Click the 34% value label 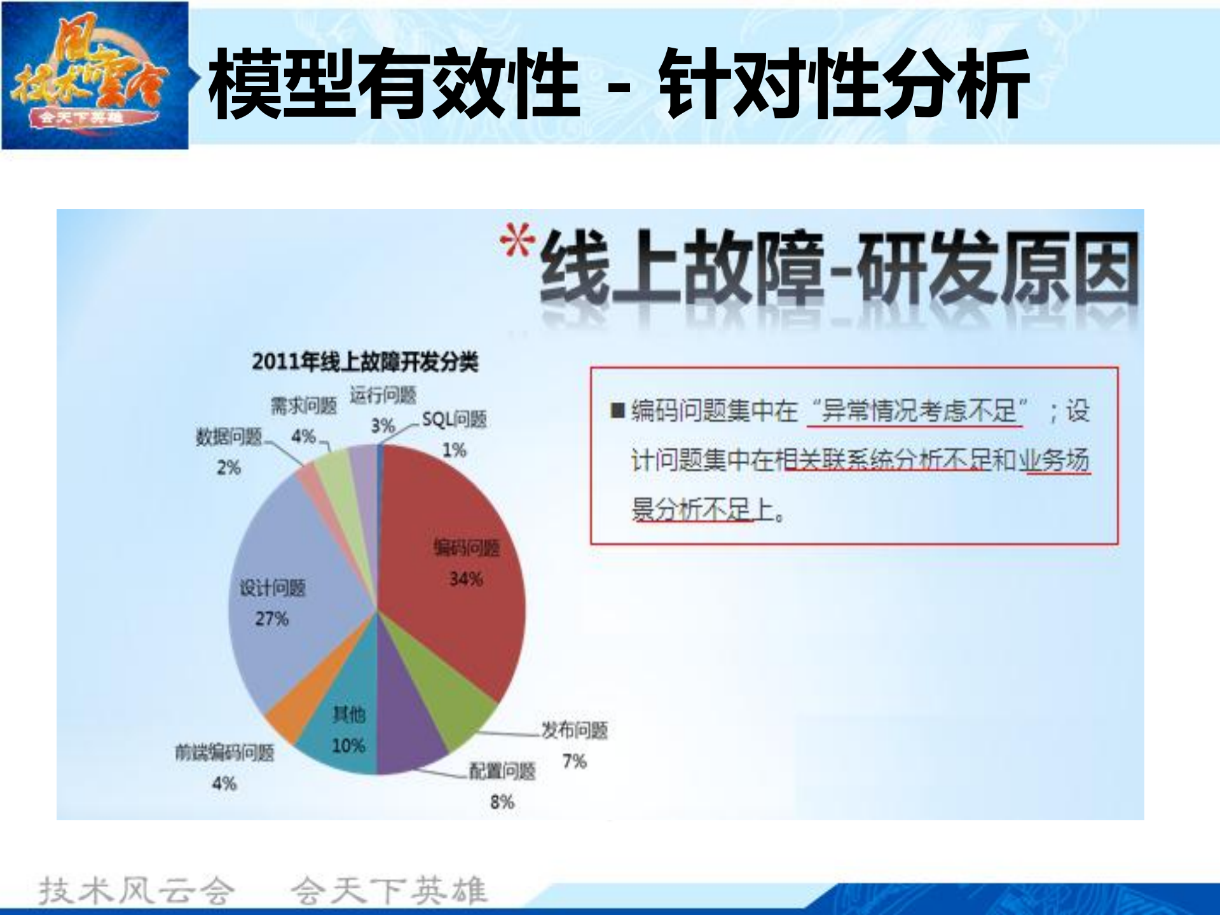pos(466,579)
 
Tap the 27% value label pos(271,619)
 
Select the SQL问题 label pos(454,420)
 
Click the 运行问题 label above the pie pos(383,396)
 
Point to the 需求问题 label pos(303,406)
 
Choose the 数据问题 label pos(229,437)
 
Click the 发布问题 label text pos(574,731)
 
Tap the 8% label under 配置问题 pos(502,802)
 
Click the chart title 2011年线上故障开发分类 pos(365,362)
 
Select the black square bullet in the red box pos(617,411)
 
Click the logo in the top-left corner pos(95,75)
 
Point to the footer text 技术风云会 pos(136,890)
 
